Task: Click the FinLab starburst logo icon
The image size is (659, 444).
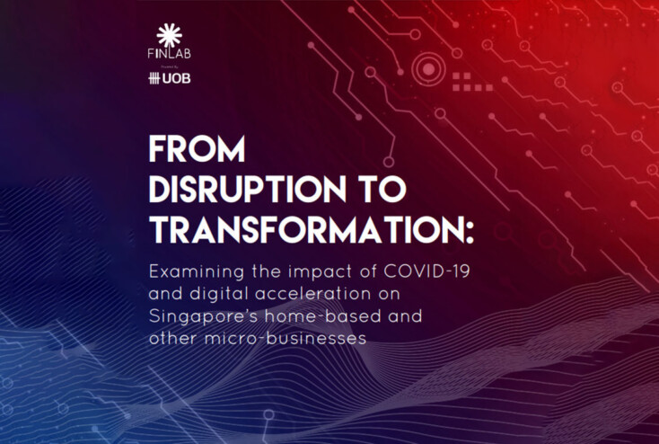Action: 169,35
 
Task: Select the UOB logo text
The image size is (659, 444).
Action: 177,78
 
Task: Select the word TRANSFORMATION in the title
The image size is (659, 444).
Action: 303,229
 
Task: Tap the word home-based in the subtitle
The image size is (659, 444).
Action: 323,317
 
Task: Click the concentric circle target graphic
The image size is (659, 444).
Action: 426,67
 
